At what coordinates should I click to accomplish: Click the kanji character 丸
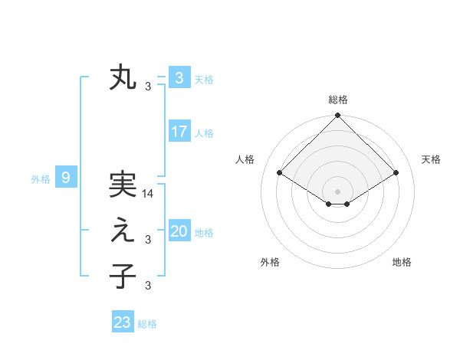coord(123,78)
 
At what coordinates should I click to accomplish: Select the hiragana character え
coord(123,231)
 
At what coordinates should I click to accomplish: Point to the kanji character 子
coord(123,277)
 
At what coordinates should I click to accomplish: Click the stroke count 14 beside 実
coord(148,195)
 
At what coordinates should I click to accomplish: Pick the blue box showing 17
coord(179,132)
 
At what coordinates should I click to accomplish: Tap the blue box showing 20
coord(179,231)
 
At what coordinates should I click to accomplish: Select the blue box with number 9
coord(66,178)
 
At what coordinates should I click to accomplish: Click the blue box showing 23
coord(123,322)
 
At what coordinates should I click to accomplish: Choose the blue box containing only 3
coord(179,78)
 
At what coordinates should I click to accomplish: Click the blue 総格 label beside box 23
coord(147,323)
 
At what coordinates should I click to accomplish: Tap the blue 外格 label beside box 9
coord(41,179)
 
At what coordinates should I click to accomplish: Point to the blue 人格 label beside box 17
coord(204,133)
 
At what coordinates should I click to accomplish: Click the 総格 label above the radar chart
coord(338,100)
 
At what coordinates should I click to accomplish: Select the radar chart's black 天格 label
coord(431,159)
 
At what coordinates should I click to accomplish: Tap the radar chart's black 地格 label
coord(402,262)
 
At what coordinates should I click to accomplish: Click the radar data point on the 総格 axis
coord(338,116)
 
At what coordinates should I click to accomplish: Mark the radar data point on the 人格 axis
coord(280,172)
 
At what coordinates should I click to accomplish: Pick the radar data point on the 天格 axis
coord(396,172)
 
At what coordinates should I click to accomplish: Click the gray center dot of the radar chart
coord(338,191)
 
